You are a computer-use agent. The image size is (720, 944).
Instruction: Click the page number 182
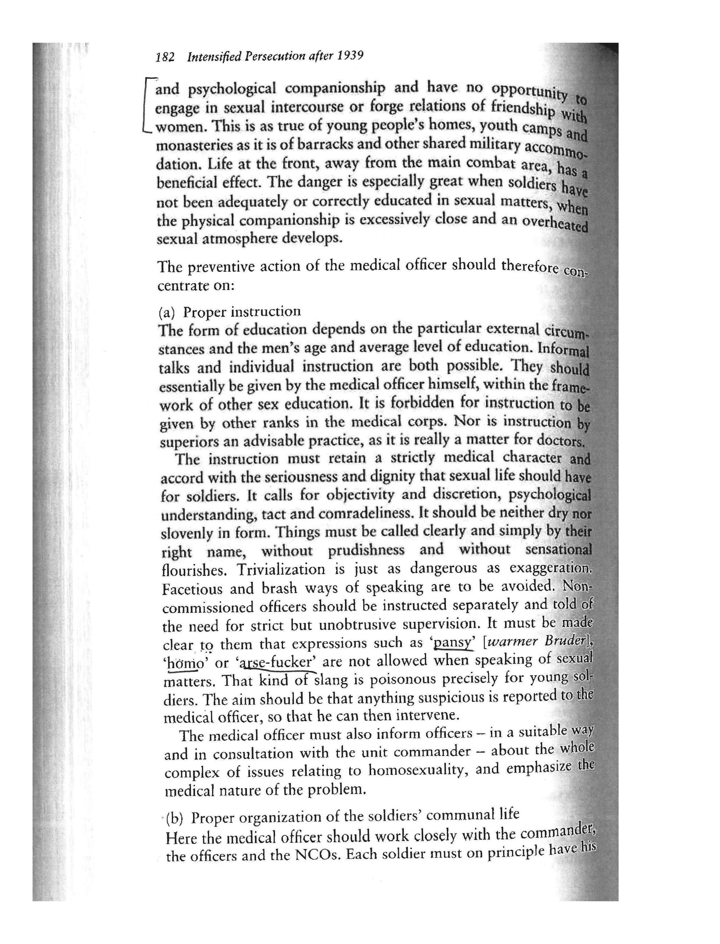pyautogui.click(x=165, y=57)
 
